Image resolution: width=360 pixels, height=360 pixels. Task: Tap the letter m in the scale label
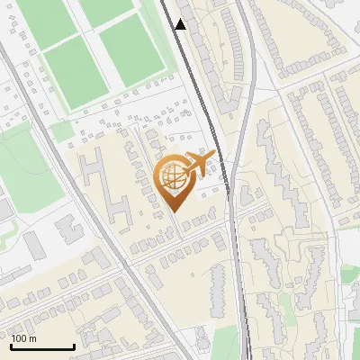click(x=33, y=338)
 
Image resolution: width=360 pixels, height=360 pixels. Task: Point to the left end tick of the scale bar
click(x=11, y=346)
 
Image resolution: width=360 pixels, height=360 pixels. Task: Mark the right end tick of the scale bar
click(x=73, y=346)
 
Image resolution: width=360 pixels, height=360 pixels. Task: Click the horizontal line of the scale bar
click(x=41, y=347)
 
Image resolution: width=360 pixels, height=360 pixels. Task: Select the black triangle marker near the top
click(x=181, y=24)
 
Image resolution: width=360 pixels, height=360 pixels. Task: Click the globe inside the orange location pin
click(x=174, y=177)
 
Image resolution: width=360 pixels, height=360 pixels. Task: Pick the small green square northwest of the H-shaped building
click(x=61, y=131)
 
